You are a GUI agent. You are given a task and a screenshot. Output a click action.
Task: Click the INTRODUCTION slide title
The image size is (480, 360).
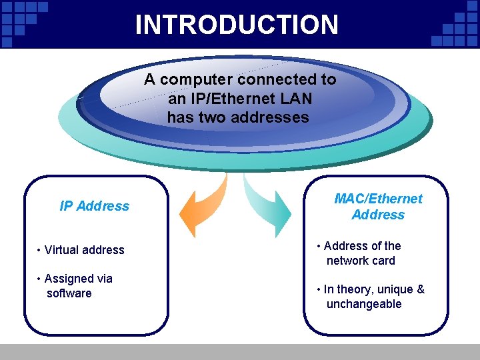click(x=237, y=25)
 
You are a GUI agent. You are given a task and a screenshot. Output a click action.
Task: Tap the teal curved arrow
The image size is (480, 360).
click(x=270, y=204)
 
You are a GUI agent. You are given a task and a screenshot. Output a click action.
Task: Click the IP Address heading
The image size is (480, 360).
click(x=94, y=206)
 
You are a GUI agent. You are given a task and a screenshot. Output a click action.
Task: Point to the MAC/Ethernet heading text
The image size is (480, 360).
click(x=378, y=199)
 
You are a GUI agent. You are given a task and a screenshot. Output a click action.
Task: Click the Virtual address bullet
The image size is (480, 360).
click(x=81, y=250)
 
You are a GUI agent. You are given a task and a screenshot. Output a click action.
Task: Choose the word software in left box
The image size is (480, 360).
click(x=69, y=293)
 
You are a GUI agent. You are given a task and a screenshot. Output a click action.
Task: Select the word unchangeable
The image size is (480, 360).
click(x=364, y=304)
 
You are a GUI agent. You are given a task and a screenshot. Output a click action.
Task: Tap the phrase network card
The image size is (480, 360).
click(x=361, y=261)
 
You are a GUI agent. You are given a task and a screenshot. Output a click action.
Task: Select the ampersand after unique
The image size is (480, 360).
click(x=421, y=289)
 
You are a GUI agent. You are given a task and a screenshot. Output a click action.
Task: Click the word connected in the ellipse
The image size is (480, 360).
click(x=269, y=79)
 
